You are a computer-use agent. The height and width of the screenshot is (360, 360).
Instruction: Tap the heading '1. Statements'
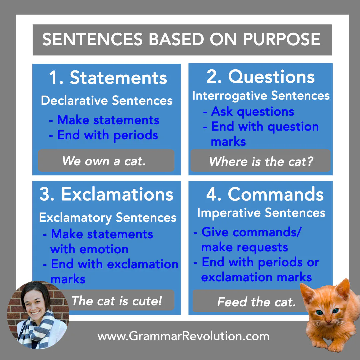point(108,78)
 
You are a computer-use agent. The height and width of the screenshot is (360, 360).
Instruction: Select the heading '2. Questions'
point(260,77)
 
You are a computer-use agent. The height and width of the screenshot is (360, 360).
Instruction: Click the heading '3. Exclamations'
point(106,194)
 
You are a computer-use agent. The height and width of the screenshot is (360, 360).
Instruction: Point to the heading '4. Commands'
point(265,194)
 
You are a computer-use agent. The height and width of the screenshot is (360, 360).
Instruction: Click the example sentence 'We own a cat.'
point(104,161)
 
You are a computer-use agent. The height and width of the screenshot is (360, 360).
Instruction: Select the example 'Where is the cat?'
point(261,161)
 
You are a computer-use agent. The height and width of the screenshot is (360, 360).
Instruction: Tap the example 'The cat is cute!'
point(117,301)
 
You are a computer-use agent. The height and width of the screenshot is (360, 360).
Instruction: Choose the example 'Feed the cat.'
point(256,302)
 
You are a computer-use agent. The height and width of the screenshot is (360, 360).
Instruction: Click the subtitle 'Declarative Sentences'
point(107,101)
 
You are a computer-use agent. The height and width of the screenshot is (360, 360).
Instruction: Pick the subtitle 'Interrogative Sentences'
point(261,96)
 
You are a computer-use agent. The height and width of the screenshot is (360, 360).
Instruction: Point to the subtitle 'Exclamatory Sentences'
point(107,218)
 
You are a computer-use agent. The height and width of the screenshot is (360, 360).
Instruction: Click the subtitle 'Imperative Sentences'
point(261,213)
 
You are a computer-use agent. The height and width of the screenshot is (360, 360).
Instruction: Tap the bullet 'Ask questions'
point(252,111)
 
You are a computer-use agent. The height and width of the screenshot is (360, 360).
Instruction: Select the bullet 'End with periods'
point(107,135)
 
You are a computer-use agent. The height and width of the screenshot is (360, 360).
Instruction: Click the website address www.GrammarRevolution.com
point(183,336)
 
